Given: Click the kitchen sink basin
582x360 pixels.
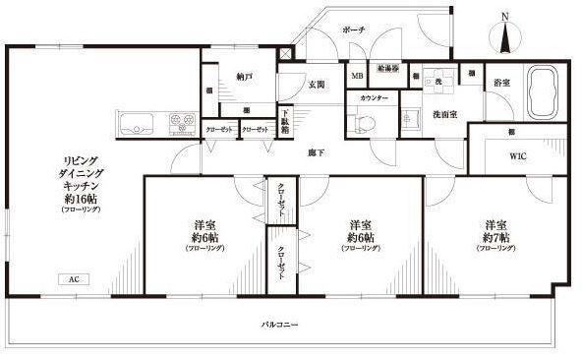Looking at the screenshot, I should click(x=134, y=124).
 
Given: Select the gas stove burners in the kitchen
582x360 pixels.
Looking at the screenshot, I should click(x=181, y=124).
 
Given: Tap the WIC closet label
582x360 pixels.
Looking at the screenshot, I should click(x=518, y=155).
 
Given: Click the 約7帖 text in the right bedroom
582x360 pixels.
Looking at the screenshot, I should click(x=495, y=238).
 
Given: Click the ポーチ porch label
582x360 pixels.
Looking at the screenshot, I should click(x=354, y=30).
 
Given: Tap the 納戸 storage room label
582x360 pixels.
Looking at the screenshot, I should click(x=245, y=76).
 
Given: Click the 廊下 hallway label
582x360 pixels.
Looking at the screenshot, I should click(x=316, y=152).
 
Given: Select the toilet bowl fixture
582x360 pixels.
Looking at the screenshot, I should click(x=364, y=122).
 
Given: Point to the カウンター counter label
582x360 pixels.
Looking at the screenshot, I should click(x=374, y=98).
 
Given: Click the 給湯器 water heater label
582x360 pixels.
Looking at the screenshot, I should click(x=386, y=69).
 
